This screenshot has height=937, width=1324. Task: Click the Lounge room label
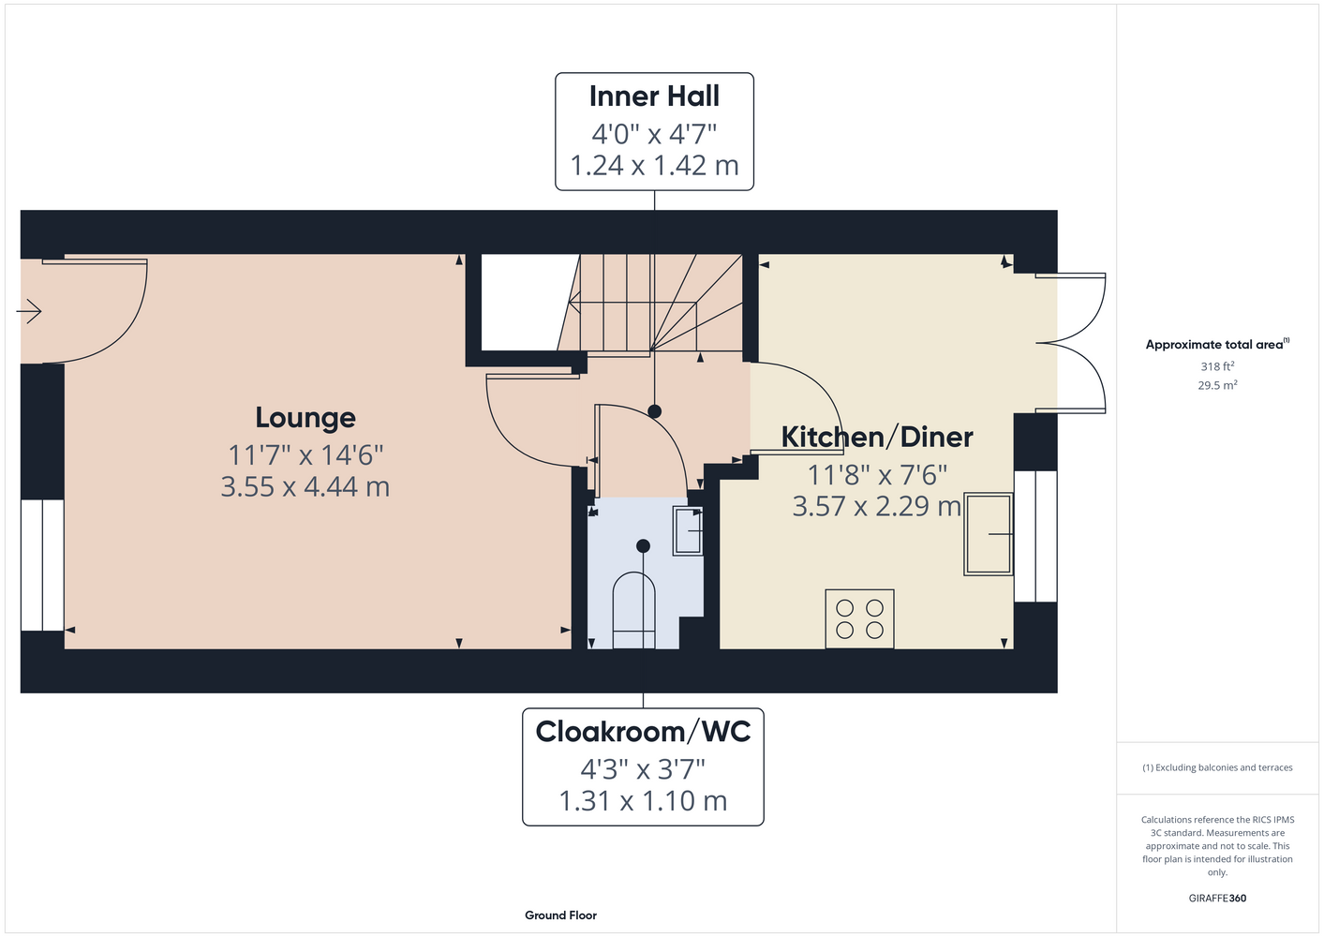point(305,419)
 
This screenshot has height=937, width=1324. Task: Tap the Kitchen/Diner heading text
point(877,438)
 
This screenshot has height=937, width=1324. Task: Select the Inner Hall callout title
point(654,97)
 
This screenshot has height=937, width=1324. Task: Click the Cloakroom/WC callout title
point(643,732)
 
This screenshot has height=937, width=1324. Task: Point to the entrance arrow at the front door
point(29,311)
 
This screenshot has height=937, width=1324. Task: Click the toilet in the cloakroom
point(633,610)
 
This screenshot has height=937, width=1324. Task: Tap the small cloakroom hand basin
point(688,530)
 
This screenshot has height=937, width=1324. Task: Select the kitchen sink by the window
point(989,534)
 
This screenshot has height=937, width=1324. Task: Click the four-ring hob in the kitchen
point(859,619)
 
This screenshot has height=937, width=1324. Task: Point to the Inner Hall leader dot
point(654,411)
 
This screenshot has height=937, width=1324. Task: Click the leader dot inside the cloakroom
point(643,546)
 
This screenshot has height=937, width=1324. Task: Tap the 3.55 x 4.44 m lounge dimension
point(305,487)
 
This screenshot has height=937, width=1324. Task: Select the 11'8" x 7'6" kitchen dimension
point(877,475)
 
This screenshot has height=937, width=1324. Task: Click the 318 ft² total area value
point(1217,366)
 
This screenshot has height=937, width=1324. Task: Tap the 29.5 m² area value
point(1217,385)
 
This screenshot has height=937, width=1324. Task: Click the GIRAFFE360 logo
point(1217,898)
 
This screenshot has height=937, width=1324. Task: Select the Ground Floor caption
point(561,915)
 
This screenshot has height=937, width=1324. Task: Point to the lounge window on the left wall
point(42,565)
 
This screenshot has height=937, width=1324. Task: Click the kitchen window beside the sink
point(1035,536)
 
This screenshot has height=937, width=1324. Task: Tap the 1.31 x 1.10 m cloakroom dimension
point(643,801)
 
